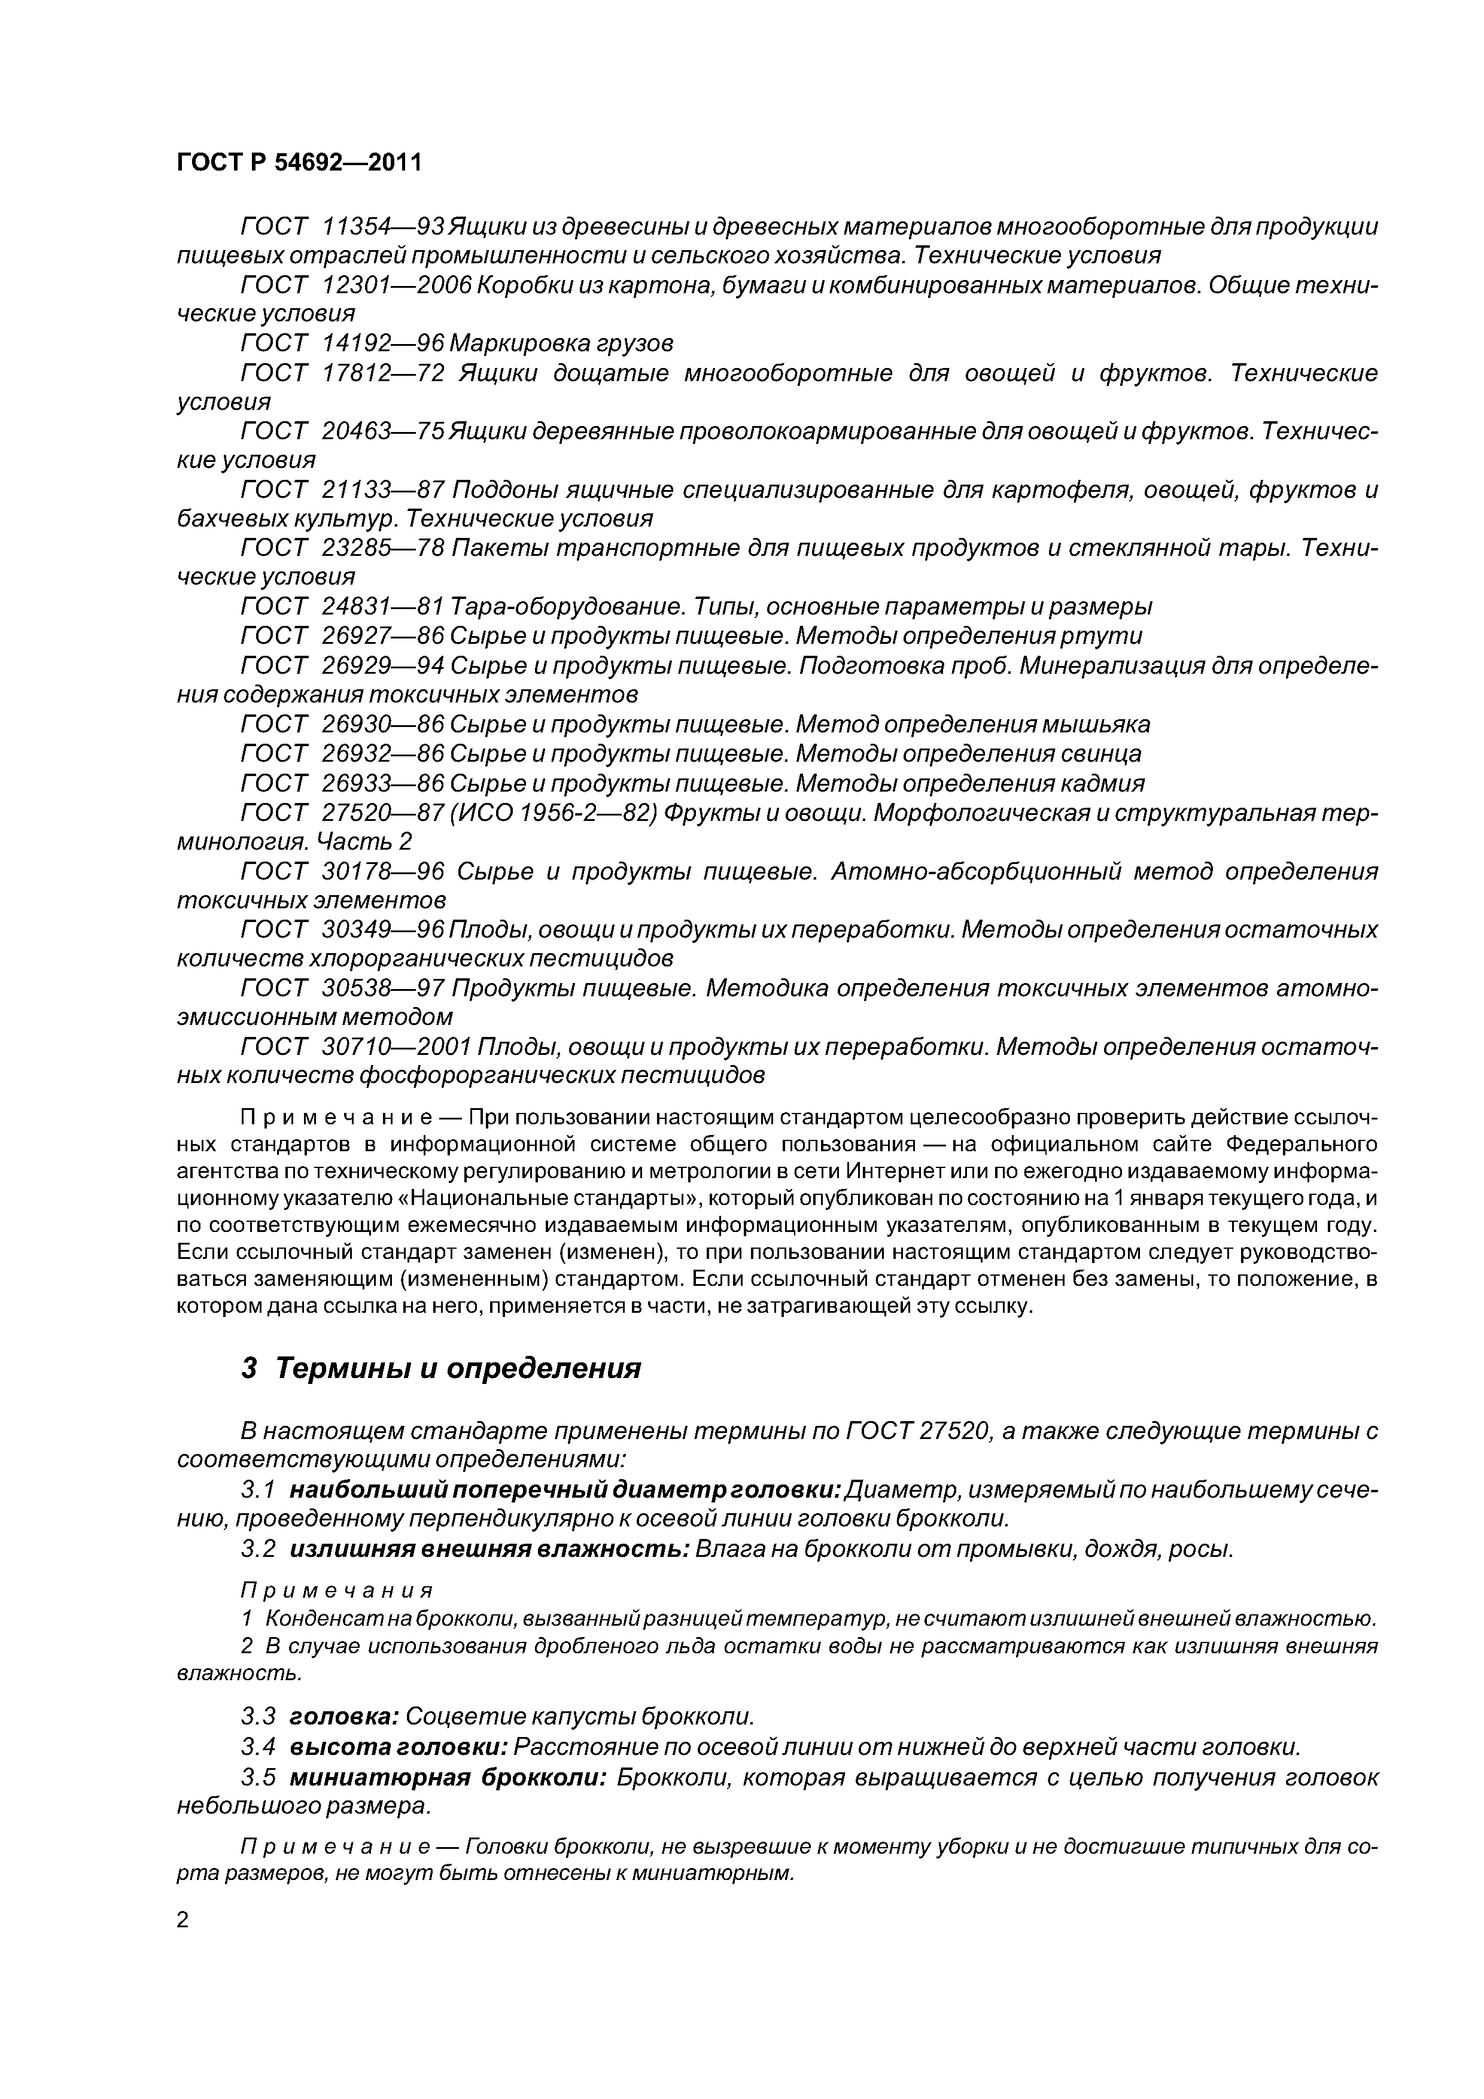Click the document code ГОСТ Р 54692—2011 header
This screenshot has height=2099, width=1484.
click(299, 163)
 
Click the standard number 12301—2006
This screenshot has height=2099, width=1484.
click(397, 285)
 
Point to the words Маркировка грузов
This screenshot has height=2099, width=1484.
click(562, 343)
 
